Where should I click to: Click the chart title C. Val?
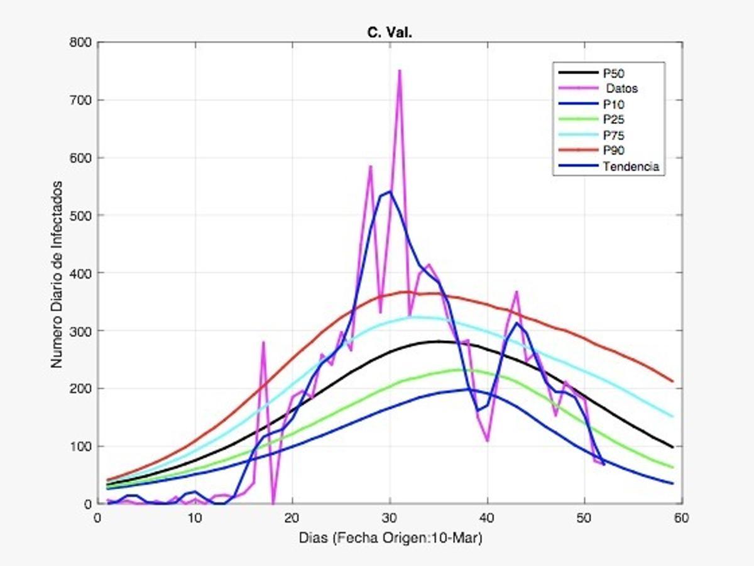[390, 33]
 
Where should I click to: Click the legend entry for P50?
[613, 73]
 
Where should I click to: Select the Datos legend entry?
[622, 88]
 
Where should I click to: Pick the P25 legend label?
[613, 119]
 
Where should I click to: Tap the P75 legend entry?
[613, 135]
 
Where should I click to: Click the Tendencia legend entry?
[630, 167]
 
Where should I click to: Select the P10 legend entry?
[613, 104]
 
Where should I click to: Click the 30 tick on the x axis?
[390, 518]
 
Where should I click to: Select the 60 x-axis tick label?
[682, 518]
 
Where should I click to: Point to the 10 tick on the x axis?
[195, 518]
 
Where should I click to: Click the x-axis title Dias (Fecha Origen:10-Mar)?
[390, 538]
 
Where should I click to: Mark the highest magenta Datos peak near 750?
[399, 71]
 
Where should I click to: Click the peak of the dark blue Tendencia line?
[390, 192]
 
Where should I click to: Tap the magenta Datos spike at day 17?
[263, 342]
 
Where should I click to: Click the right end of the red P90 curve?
[672, 380]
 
